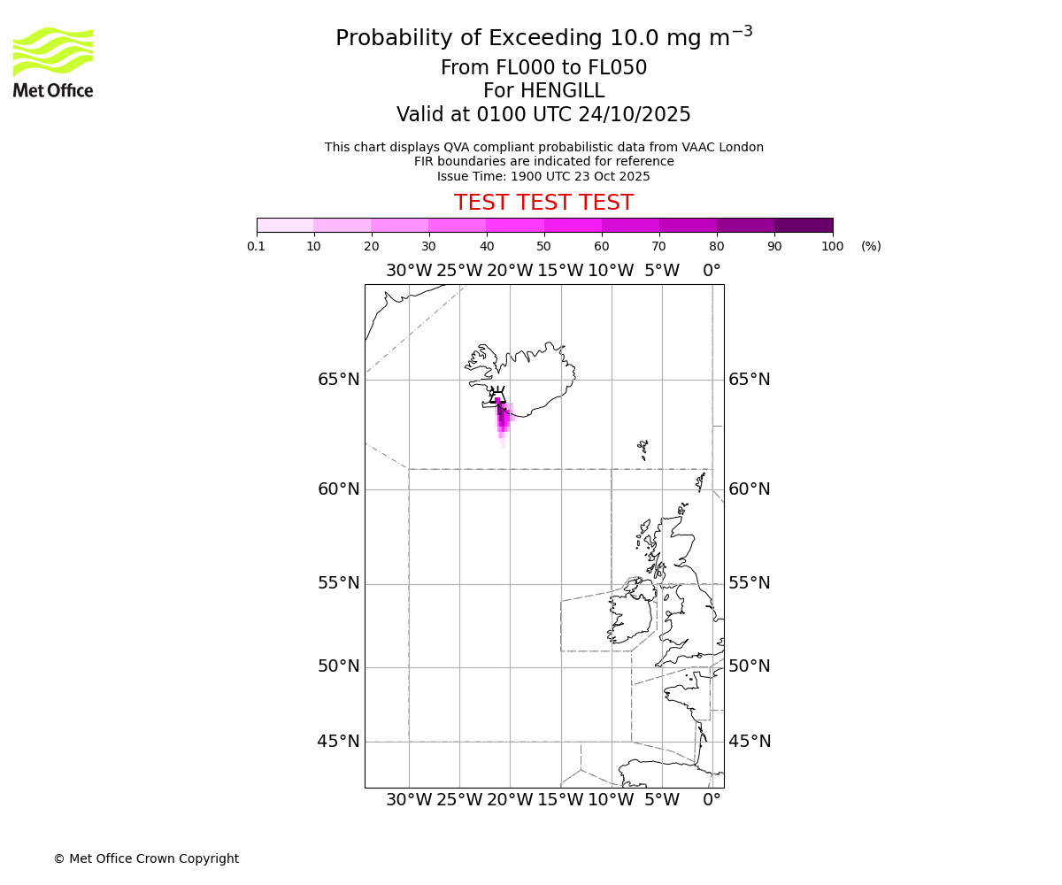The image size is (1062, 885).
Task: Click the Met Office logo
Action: (x=53, y=62)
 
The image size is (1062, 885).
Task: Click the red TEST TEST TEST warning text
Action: (x=543, y=203)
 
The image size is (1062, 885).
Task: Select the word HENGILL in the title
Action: (x=561, y=91)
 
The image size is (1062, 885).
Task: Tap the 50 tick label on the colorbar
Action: (x=543, y=246)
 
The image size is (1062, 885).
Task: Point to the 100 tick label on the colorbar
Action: (x=832, y=246)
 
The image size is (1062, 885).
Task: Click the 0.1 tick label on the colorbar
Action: (x=257, y=246)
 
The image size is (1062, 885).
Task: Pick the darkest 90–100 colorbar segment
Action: (x=804, y=225)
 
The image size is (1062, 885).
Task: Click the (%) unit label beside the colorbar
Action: (x=871, y=246)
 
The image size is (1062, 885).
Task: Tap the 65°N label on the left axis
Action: (x=339, y=380)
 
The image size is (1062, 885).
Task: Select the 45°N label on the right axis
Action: (x=750, y=742)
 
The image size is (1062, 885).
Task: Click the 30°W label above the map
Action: (x=409, y=271)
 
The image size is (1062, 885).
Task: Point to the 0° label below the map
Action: (x=712, y=800)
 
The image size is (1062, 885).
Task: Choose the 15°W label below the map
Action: (x=560, y=800)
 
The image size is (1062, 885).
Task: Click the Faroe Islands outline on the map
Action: (x=643, y=449)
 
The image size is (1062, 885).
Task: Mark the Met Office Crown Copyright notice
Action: (x=146, y=858)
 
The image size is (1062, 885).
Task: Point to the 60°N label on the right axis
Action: (x=750, y=489)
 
